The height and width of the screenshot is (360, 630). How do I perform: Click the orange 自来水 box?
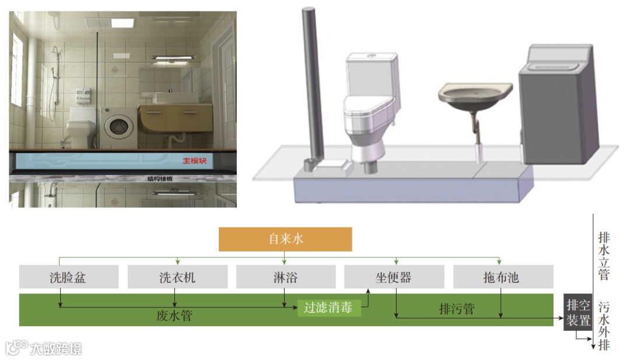(285, 239)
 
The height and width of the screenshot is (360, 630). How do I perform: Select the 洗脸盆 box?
(68, 277)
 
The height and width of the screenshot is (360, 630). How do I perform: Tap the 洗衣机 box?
(177, 277)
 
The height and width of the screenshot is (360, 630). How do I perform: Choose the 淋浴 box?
(285, 277)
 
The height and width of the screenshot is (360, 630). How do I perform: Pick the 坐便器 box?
(394, 277)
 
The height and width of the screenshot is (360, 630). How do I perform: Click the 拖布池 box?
(502, 277)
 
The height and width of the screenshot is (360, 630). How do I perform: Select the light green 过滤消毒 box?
(328, 308)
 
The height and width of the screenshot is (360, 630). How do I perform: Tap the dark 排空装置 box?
(577, 313)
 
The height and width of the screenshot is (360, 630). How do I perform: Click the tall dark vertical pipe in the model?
(309, 82)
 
